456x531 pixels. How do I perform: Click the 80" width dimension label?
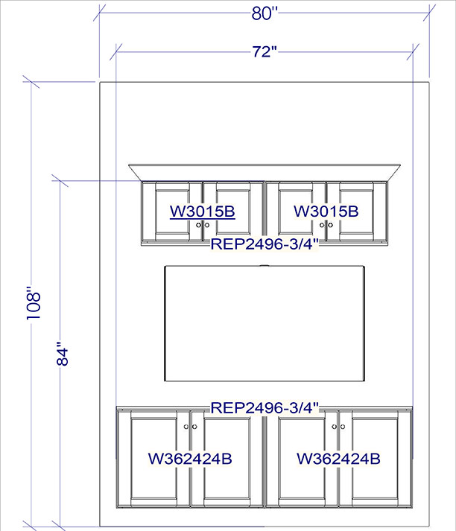[265, 13]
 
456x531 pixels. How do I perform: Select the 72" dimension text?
[265, 52]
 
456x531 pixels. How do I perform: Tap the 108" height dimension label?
[34, 303]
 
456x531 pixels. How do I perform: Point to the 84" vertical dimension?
[63, 354]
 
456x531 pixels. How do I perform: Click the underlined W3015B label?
[203, 212]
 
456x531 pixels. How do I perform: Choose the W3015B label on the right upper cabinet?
[326, 211]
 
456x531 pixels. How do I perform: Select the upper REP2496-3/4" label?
[265, 244]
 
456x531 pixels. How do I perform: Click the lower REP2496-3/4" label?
[265, 407]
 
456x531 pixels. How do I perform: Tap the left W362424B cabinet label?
[190, 459]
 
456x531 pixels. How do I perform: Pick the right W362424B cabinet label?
[338, 459]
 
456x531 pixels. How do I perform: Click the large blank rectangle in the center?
[265, 323]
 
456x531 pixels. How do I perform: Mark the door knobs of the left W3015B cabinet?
[203, 225]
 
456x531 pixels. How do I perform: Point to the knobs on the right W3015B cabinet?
[326, 225]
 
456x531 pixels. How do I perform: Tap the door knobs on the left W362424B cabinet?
[190, 427]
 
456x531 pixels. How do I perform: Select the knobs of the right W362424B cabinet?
[338, 427]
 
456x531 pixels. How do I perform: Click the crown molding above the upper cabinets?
[265, 172]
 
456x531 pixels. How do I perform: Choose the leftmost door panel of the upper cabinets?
[172, 212]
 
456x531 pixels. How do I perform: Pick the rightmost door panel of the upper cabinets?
[356, 212]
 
